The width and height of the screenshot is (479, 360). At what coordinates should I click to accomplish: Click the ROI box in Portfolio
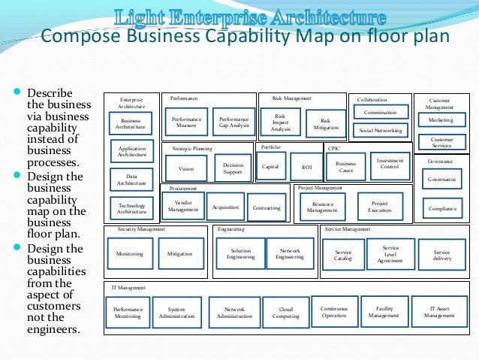[306, 166]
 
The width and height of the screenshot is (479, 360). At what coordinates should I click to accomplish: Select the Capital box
[270, 166]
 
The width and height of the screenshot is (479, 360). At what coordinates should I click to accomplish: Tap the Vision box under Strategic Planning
[186, 168]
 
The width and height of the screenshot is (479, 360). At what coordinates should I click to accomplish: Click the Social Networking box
[381, 131]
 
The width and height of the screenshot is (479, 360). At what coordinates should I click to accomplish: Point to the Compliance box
[441, 208]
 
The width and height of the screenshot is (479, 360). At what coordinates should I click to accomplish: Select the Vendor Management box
[183, 206]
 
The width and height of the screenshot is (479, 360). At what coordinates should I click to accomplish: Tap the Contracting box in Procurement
[265, 207]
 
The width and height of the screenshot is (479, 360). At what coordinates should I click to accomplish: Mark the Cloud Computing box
[286, 311]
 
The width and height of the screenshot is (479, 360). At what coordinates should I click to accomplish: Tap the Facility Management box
[384, 311]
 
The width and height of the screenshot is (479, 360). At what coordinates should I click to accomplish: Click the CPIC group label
[334, 149]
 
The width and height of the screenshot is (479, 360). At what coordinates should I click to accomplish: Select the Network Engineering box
[290, 254]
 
